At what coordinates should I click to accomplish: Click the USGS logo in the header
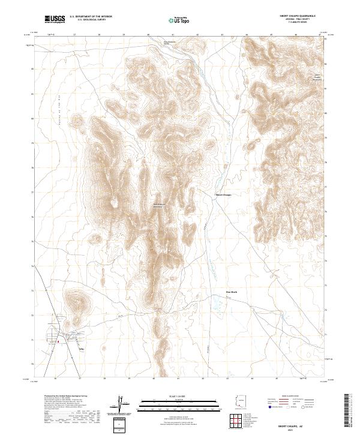point(55,19)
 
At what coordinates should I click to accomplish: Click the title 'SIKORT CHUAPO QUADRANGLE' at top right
point(296,15)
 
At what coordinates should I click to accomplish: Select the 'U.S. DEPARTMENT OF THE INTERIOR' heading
point(91,17)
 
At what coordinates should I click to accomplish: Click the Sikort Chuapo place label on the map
point(223,195)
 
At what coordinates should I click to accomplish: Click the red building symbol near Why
point(58,341)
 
